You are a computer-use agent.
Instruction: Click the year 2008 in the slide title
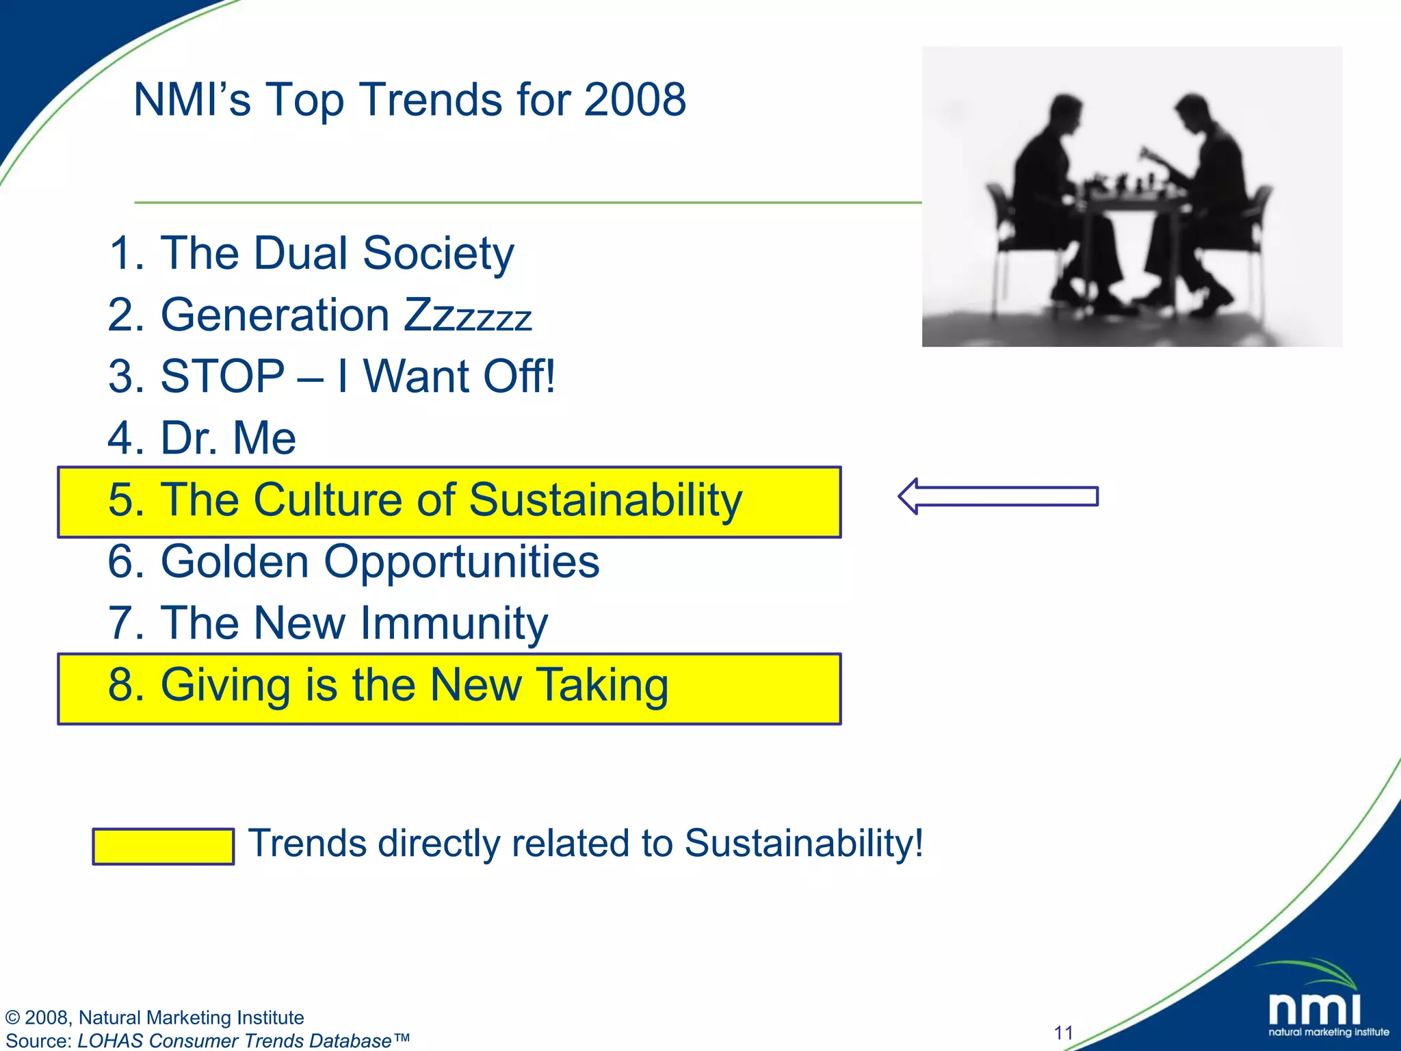[x=634, y=100]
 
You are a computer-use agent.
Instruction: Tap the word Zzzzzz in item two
[x=467, y=315]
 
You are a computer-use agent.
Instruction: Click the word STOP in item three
[x=222, y=376]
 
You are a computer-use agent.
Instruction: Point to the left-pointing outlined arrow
[x=997, y=496]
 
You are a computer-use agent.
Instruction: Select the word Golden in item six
[x=235, y=561]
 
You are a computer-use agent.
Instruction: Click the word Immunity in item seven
[x=454, y=623]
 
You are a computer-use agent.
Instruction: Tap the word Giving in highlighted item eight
[x=225, y=685]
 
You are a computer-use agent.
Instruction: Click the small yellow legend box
[x=163, y=846]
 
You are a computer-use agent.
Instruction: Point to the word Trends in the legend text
[x=306, y=843]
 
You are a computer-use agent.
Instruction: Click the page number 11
[x=1063, y=1033]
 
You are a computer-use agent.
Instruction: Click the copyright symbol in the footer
[x=12, y=1018]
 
